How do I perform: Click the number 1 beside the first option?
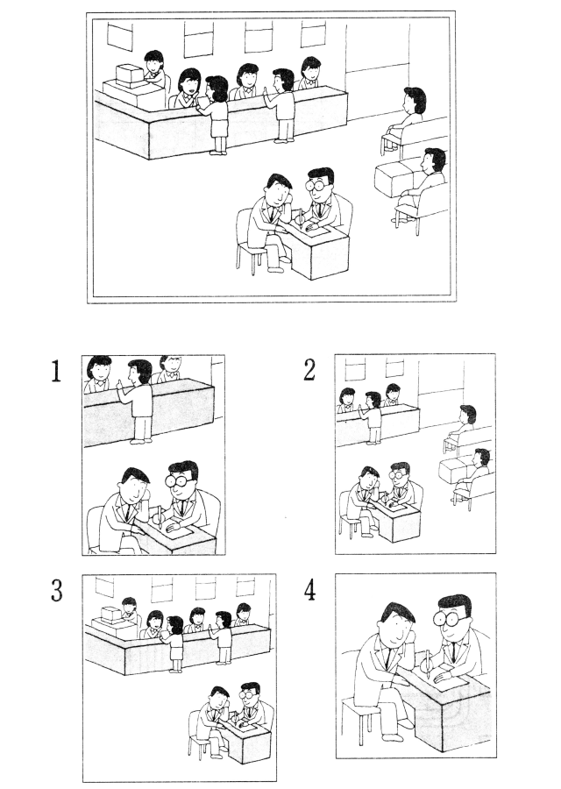(x=56, y=372)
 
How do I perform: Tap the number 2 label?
(x=310, y=370)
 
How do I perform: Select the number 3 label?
(x=57, y=590)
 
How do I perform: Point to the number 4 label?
(x=310, y=590)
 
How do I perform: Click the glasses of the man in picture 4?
(x=453, y=619)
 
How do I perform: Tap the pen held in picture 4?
(x=428, y=664)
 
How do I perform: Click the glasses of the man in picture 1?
(x=181, y=480)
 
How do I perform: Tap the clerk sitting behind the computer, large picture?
(x=155, y=68)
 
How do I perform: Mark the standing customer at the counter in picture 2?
(x=372, y=417)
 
